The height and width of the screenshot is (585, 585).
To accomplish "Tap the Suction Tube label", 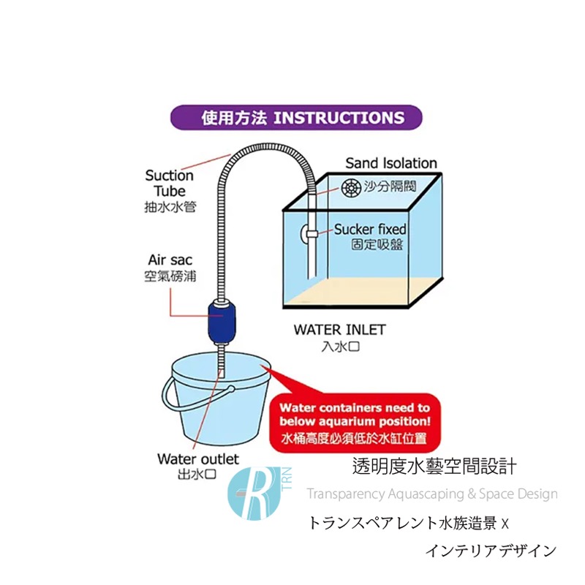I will pyautogui.click(x=169, y=183).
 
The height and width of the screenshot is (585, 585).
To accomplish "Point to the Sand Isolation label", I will pyautogui.click(x=390, y=163).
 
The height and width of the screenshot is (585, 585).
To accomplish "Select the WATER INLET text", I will pyautogui.click(x=339, y=330).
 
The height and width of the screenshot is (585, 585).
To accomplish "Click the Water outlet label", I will pyautogui.click(x=197, y=459).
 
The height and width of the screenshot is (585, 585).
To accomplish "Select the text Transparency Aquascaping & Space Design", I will pyautogui.click(x=432, y=494).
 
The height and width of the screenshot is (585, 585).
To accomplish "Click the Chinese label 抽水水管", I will pyautogui.click(x=169, y=207).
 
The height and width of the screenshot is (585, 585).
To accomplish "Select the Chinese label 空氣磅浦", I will pyautogui.click(x=170, y=276).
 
